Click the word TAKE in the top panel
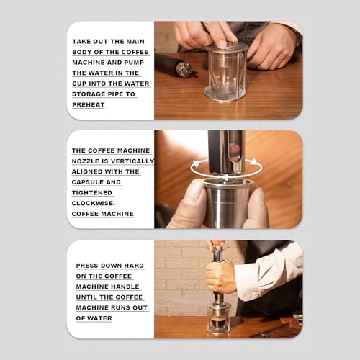coord(81,41)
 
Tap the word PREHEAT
coord(89,104)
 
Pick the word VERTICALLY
coord(131,161)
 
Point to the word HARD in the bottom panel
coord(132,266)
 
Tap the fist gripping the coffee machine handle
coord(220,275)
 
